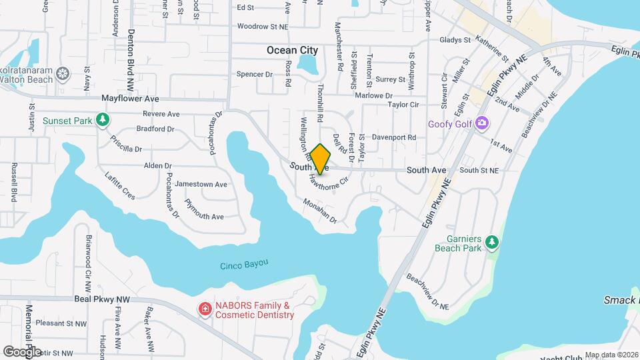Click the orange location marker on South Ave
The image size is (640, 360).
tap(321, 159)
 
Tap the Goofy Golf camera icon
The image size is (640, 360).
tap(482, 123)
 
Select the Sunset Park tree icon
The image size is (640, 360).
tap(102, 120)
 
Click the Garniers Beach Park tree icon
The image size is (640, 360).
tap(492, 241)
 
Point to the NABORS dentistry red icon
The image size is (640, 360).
tap(205, 309)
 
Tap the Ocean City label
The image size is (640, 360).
tap(292, 50)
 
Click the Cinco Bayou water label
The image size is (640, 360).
tap(244, 265)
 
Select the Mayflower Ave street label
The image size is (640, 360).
tap(130, 98)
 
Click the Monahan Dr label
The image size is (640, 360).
tap(320, 211)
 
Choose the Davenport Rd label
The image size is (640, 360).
tap(394, 137)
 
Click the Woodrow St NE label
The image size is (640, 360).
tap(263, 27)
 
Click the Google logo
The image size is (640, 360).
tap(22, 351)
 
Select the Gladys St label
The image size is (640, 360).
tap(455, 40)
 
